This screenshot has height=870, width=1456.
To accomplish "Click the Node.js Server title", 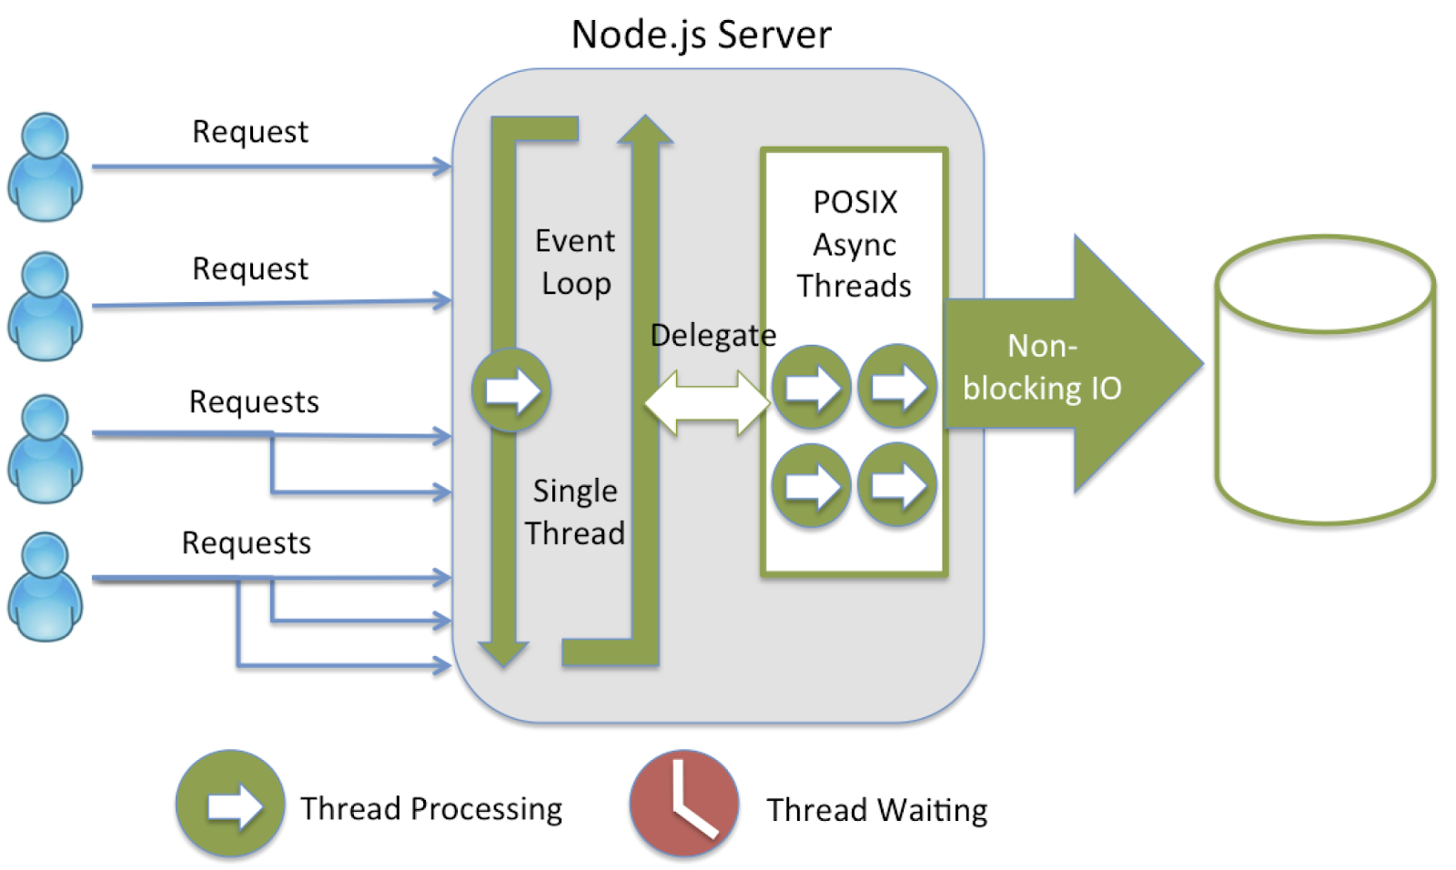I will (x=701, y=35).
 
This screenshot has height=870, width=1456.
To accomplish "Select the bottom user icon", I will (x=45, y=587).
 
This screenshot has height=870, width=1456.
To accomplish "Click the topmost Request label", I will (x=250, y=132).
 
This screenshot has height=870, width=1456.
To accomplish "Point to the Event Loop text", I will (x=575, y=262).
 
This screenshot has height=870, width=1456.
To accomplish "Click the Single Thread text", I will (x=575, y=511).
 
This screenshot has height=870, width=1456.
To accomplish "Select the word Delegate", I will (x=713, y=335).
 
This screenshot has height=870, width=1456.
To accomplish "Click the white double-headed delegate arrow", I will (x=707, y=401).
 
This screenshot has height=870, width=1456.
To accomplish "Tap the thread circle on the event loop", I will (x=511, y=389).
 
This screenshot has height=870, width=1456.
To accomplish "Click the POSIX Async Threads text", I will (x=854, y=244).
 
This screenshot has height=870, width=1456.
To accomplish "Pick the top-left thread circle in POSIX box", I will (x=811, y=387).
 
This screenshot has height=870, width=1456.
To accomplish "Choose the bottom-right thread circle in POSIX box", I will (x=897, y=484).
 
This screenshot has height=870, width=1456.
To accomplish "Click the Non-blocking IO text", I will (x=1042, y=368).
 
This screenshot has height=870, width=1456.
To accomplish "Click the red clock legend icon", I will (x=684, y=804).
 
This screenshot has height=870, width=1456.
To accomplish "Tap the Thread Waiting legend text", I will (x=876, y=810).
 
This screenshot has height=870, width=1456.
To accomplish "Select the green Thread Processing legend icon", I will (x=230, y=804).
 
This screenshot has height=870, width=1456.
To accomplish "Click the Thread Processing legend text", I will (x=431, y=808).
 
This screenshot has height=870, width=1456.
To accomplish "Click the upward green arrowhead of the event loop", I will (x=645, y=132).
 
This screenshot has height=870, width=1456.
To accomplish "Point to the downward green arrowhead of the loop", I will (x=503, y=652).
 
